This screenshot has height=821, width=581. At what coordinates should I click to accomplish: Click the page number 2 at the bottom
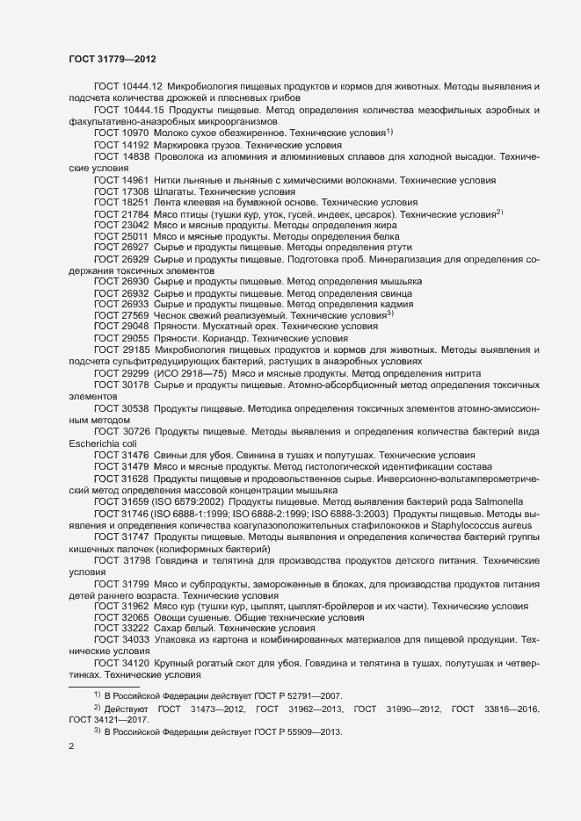tap(71, 748)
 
